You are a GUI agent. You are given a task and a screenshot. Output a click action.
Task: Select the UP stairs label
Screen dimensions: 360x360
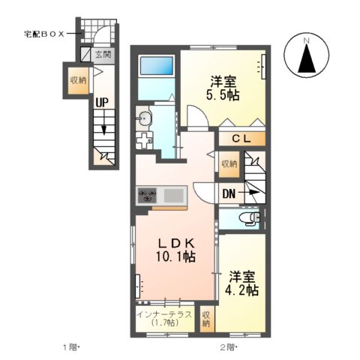pos(103,105)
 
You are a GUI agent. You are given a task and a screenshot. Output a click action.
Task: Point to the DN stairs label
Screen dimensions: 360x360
pos(229,192)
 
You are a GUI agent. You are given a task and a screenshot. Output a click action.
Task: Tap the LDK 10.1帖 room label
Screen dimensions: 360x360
pos(176,250)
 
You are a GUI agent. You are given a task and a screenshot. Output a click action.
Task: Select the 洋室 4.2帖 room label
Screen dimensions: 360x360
pos(243,282)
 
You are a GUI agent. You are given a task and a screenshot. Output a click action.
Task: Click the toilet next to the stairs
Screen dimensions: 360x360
pos(247,219)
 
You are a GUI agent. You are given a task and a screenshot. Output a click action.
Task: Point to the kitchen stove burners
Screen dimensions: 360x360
pos(146,196)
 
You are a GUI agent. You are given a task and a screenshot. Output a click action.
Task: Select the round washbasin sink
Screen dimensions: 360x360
pos(145,117)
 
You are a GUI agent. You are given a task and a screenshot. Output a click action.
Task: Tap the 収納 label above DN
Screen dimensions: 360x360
pos(229,163)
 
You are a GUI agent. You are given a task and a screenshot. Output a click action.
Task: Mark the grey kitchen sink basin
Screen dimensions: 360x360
pos(174,196)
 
